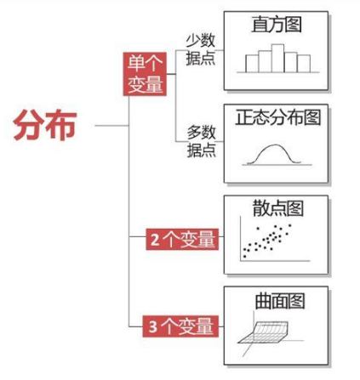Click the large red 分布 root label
pos(45,125)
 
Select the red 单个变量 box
pos(145,74)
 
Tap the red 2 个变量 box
pos(182,239)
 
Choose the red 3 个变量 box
pos(180,326)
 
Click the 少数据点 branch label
pos(201,49)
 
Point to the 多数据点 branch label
pos(202,141)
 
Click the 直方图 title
pos(277,25)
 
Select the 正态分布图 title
pos(278,117)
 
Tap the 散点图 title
pos(278,208)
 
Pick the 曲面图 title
pos(280,301)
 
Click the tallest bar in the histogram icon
pos(277,58)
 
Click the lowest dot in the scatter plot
pos(244,257)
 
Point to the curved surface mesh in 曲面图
pos(264,332)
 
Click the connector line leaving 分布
pos(111,125)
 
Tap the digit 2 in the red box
pos(155,240)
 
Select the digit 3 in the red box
pos(152,326)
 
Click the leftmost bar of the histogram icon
pos(252,64)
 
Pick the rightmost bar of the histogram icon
pos(304,64)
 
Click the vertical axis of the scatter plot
pos(240,238)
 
